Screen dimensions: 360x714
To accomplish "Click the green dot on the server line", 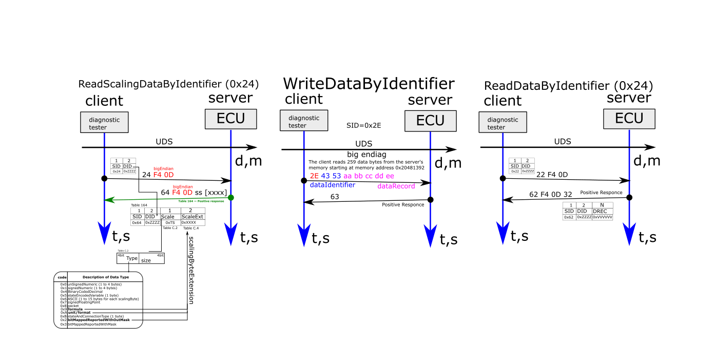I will (231, 198).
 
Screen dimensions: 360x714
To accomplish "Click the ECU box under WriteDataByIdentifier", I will (430, 121).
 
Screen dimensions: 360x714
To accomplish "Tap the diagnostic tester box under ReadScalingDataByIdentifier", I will (104, 123).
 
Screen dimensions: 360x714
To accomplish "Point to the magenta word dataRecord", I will (396, 186).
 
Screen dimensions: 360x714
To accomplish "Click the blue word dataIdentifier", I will (333, 185).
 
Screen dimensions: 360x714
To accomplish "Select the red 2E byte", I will (314, 176).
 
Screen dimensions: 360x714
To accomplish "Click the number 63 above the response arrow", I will (335, 197).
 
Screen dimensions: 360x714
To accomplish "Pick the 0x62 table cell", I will (569, 217).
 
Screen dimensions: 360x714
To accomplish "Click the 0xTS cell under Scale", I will (170, 222).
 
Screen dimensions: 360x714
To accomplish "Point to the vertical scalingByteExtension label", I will (191, 270).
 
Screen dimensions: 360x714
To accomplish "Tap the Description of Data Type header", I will (106, 277).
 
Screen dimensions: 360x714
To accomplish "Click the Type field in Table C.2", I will (132, 258).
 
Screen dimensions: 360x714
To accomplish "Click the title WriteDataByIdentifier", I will (369, 83).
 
